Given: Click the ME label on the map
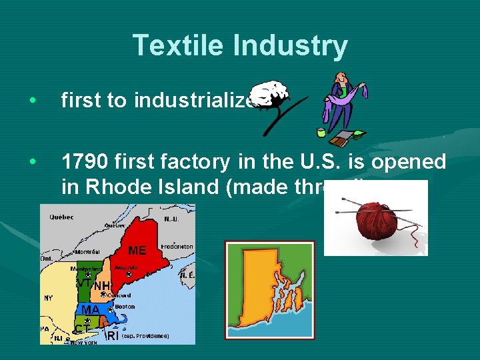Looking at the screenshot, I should (x=137, y=251).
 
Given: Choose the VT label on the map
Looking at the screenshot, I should (x=84, y=283).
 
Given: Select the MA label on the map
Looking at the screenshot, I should (x=91, y=310).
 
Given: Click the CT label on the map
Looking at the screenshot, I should (x=81, y=329).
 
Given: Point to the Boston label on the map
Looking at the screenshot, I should (x=125, y=307).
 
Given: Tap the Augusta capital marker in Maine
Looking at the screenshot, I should (x=129, y=274).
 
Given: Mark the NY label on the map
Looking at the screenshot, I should (x=48, y=298).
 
